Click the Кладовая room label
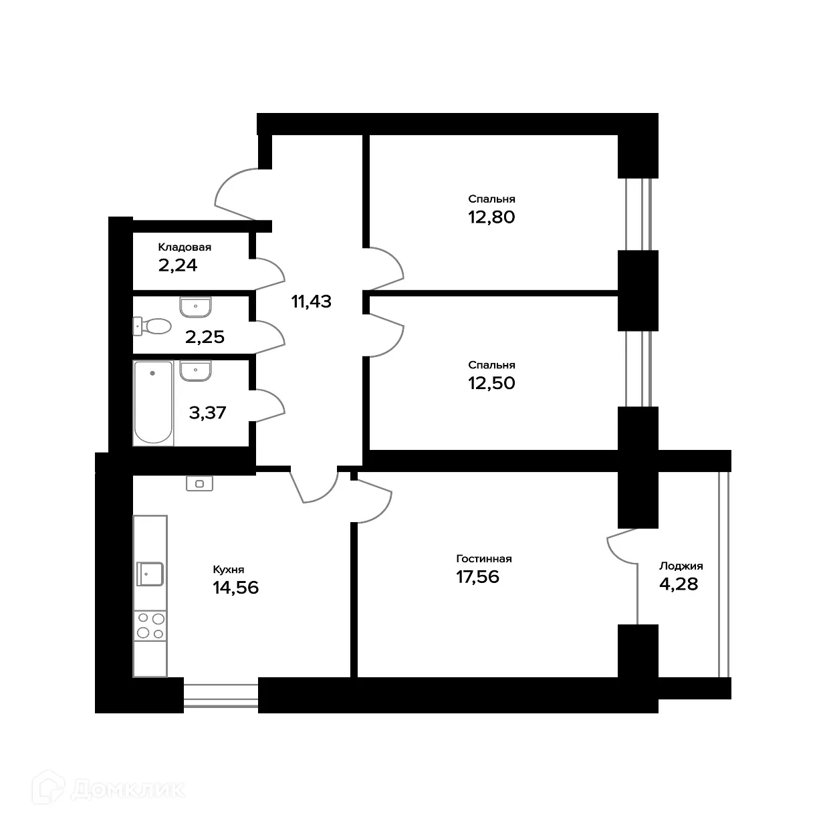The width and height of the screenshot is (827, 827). (x=184, y=247)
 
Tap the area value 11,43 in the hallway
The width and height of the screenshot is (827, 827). (x=311, y=302)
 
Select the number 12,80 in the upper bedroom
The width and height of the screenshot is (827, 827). (x=491, y=217)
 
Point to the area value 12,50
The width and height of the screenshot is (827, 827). (x=491, y=383)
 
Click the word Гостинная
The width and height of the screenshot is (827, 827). (x=484, y=559)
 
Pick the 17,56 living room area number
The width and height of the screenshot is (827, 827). (x=477, y=577)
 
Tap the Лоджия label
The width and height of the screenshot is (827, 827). (x=681, y=566)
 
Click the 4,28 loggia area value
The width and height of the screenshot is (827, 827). (x=679, y=584)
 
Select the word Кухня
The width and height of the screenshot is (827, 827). (x=228, y=570)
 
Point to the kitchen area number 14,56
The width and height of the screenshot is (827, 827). (x=235, y=588)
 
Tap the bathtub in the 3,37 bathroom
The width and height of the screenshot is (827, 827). (x=153, y=403)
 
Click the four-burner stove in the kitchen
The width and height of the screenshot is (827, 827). (x=150, y=626)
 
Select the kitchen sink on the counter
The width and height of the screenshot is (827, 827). (x=150, y=574)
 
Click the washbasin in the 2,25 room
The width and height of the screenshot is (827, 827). (x=195, y=307)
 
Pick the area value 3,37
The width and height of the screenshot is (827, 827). (x=207, y=412)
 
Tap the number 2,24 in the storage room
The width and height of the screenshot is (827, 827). (x=177, y=265)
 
